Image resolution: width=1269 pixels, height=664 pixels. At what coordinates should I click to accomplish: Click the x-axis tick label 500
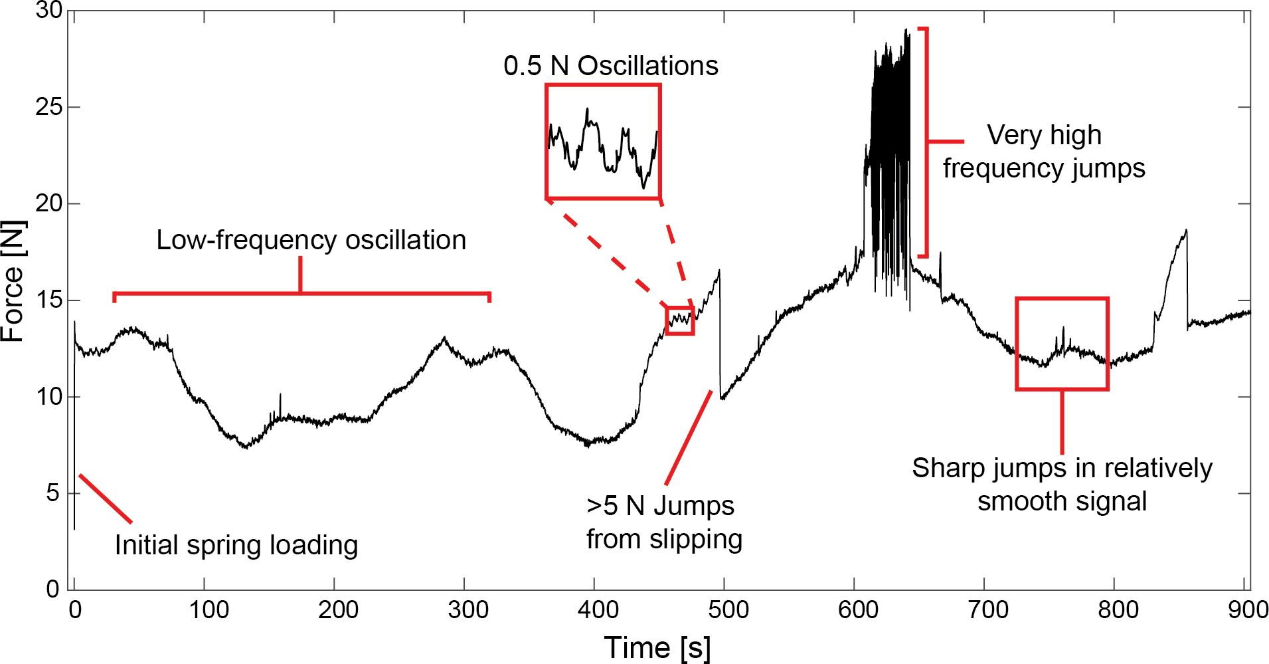pos(728,610)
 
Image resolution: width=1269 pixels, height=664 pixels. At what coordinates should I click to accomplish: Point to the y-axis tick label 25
pos(48,107)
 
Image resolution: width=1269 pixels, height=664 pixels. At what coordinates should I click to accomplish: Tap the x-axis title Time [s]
pos(657,647)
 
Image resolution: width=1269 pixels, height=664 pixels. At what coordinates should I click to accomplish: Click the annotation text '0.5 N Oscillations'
pos(610,66)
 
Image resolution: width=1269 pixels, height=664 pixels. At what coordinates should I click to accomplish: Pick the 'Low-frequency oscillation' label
pos(311,240)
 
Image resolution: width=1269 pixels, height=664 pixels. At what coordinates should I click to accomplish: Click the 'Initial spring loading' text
pos(236,545)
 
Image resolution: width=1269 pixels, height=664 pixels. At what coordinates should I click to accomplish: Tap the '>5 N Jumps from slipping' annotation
pos(663,522)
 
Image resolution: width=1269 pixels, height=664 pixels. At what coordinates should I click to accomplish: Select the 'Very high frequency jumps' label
pos(1044,152)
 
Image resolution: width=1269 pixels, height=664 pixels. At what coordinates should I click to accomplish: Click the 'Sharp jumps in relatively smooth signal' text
pos(1062,485)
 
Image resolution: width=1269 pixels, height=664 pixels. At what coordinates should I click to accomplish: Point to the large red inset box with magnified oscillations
pos(603,142)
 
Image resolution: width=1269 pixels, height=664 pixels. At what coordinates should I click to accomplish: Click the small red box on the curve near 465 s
pos(680,320)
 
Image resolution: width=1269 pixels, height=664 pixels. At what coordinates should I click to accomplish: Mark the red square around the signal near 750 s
pos(1062,344)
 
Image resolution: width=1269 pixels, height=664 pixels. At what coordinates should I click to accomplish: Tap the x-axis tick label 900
pos(1248,610)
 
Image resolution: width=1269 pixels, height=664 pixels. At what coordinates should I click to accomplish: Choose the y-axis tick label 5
pos(53,493)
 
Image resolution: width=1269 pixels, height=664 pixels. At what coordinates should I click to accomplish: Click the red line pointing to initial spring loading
pos(105,498)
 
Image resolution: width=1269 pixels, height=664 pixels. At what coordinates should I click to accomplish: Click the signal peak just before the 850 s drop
pos(1186,231)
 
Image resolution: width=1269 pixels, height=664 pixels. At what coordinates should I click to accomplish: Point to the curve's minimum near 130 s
pos(246,447)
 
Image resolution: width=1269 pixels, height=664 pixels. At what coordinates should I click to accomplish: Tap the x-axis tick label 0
pos(75,610)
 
